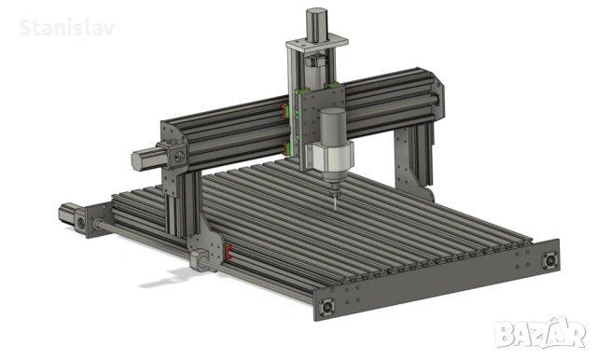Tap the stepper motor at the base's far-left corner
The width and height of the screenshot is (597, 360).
[70, 214]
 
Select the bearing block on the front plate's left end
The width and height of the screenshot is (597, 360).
[327, 306]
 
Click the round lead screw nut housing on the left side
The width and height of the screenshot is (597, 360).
[200, 256]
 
